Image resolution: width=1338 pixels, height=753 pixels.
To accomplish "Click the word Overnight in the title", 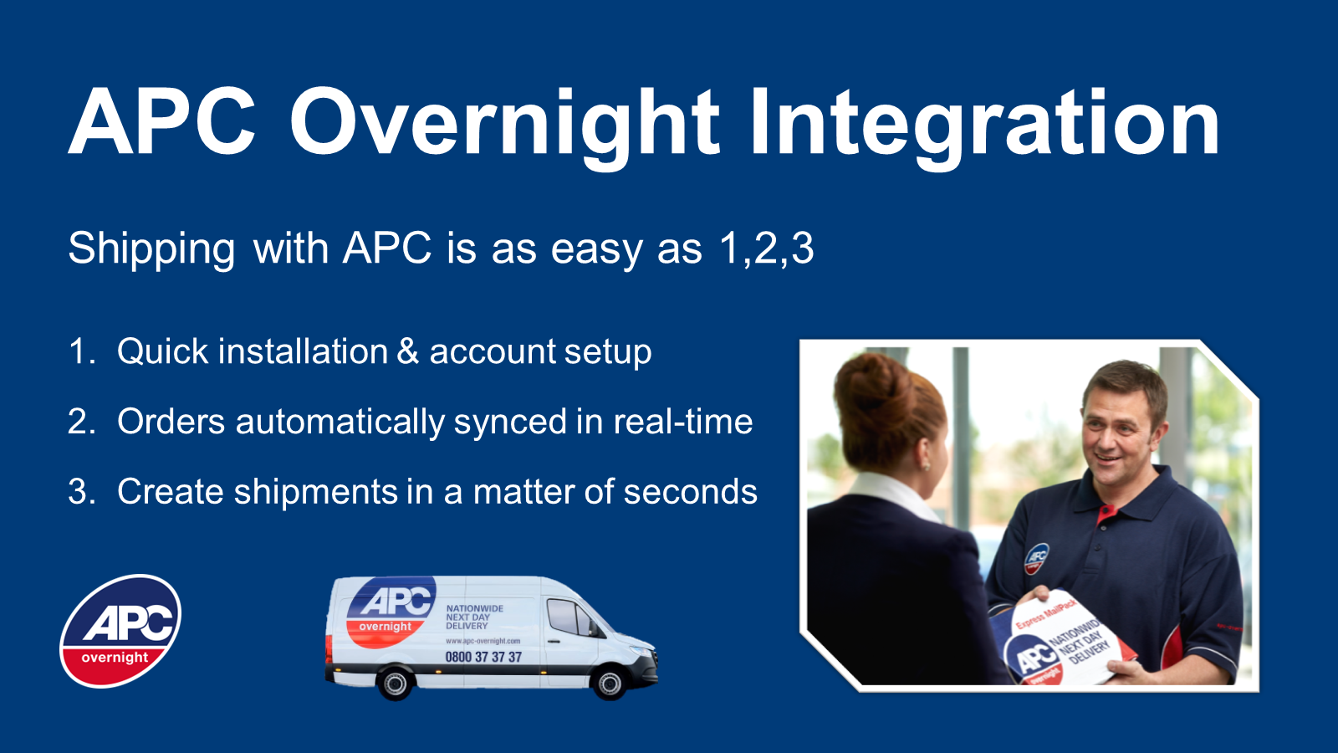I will (x=504, y=124).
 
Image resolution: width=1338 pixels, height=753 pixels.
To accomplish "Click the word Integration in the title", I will (x=984, y=124).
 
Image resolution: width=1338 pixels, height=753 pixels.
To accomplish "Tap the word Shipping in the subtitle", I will (x=151, y=249).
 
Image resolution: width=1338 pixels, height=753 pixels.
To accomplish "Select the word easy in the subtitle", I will (x=596, y=249).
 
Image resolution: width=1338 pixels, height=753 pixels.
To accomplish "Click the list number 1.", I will (x=81, y=351).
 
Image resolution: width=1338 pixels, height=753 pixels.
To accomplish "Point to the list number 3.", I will (x=81, y=492).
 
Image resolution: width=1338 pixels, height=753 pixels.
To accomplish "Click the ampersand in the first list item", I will (x=408, y=351).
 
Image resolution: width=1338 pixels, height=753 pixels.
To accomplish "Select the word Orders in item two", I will (x=171, y=422).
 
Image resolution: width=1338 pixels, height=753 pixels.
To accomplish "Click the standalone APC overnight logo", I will (x=121, y=631).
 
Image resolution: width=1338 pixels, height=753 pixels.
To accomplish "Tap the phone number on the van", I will (x=483, y=658).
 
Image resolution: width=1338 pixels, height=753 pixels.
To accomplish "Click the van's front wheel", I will (x=610, y=684).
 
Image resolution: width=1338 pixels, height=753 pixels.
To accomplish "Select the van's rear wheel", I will (x=395, y=684).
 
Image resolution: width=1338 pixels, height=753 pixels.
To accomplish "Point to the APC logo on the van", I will (x=391, y=611).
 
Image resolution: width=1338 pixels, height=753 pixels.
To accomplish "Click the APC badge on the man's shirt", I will (x=1036, y=558).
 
